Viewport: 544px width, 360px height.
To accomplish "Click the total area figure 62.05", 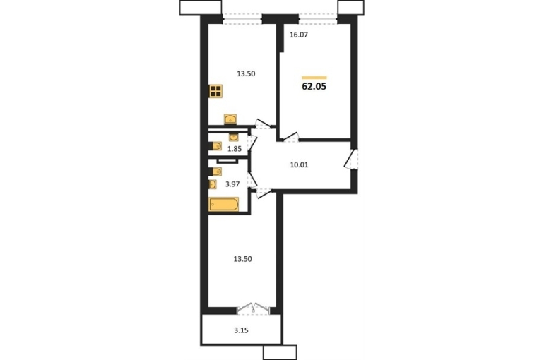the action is pyautogui.click(x=314, y=87).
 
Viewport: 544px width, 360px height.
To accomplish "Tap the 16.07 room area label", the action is pyautogui.click(x=299, y=35).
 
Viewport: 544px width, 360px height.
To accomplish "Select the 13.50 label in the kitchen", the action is pyautogui.click(x=246, y=73).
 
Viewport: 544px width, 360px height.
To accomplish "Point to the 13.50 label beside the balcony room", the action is pyautogui.click(x=242, y=259).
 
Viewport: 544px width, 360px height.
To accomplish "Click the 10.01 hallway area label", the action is pyautogui.click(x=299, y=164).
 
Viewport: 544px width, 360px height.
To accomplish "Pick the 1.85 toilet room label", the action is pyautogui.click(x=234, y=150).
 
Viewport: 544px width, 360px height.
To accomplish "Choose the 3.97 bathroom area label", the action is pyautogui.click(x=232, y=184).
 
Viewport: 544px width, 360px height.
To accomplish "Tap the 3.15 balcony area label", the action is pyautogui.click(x=241, y=330).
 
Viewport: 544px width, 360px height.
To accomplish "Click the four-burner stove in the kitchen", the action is pyautogui.click(x=215, y=92).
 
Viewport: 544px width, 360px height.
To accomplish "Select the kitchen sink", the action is pyautogui.click(x=230, y=119).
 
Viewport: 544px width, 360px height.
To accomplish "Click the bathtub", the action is pyautogui.click(x=224, y=205).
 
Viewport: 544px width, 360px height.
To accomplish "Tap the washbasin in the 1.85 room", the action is pyautogui.click(x=233, y=137).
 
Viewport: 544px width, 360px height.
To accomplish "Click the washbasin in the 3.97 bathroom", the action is pyautogui.click(x=213, y=184).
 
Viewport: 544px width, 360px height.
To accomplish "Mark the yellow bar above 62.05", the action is pyautogui.click(x=314, y=78).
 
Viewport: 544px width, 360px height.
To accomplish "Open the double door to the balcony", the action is pyautogui.click(x=253, y=308).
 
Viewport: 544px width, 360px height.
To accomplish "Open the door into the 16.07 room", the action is pyautogui.click(x=291, y=137).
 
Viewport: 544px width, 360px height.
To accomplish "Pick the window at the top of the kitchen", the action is pyautogui.click(x=242, y=18).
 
